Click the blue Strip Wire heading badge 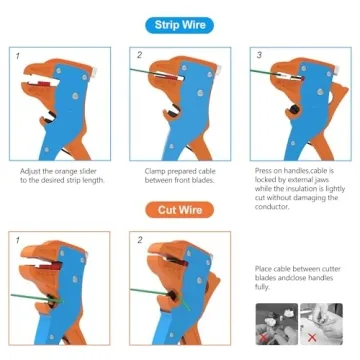point(180,25)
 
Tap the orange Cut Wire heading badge point(180,210)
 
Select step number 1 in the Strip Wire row point(18,56)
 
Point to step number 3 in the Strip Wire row point(259,55)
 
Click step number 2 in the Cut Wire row point(140,240)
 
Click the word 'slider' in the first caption point(88,172)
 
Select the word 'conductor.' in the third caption point(272,207)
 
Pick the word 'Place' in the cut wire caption point(264,269)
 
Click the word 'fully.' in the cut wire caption point(262,287)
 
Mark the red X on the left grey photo point(264,338)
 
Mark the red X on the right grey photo point(312,338)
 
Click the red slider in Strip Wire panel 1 point(43,83)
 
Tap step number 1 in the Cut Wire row point(18,240)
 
